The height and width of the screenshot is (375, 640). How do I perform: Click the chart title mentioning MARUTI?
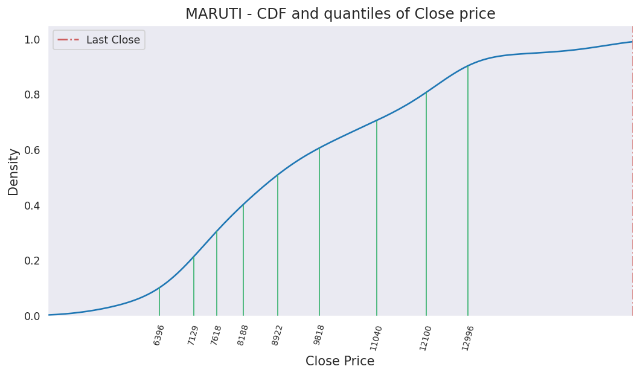coord(340,14)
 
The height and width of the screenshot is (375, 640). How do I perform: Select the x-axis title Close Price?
coord(340,361)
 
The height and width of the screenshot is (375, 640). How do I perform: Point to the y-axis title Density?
coord(13,171)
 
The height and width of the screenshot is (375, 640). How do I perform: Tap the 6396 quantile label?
coord(159,335)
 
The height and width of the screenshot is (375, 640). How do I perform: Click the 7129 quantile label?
coord(193,335)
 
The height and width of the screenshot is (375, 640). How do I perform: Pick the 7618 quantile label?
coord(216,335)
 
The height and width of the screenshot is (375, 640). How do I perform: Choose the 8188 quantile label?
coord(243,335)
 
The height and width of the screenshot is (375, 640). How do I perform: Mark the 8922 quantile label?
coord(277,335)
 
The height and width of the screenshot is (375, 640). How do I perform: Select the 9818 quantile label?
coord(319,335)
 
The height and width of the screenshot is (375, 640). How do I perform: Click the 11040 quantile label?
coord(376,338)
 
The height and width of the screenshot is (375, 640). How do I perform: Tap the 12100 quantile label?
coord(426,338)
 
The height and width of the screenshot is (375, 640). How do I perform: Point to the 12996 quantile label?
coord(468,338)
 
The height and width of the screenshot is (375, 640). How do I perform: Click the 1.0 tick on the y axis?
coord(32,40)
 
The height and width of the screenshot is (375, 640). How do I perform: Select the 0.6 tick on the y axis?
coord(32,150)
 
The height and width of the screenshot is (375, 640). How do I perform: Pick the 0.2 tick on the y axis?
coord(32,261)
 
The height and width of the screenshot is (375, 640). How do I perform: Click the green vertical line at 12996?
coord(468,193)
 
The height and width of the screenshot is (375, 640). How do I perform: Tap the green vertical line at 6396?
coord(159,302)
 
